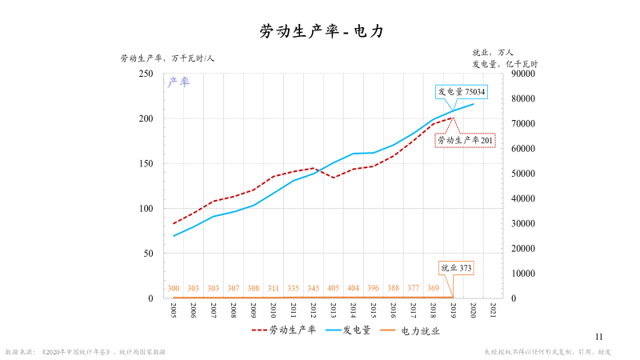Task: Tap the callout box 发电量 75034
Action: [x=461, y=92]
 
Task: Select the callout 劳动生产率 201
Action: [x=465, y=140]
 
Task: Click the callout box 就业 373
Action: [x=457, y=267]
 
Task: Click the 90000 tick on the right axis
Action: [x=524, y=74]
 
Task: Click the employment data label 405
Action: [x=333, y=288]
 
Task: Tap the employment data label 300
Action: [x=174, y=288]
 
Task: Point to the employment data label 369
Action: [x=433, y=288]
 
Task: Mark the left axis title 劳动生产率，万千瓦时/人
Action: [x=167, y=58]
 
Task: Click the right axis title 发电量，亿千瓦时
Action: [x=504, y=63]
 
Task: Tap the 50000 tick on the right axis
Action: [x=524, y=174]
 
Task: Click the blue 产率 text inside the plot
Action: [x=178, y=82]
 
